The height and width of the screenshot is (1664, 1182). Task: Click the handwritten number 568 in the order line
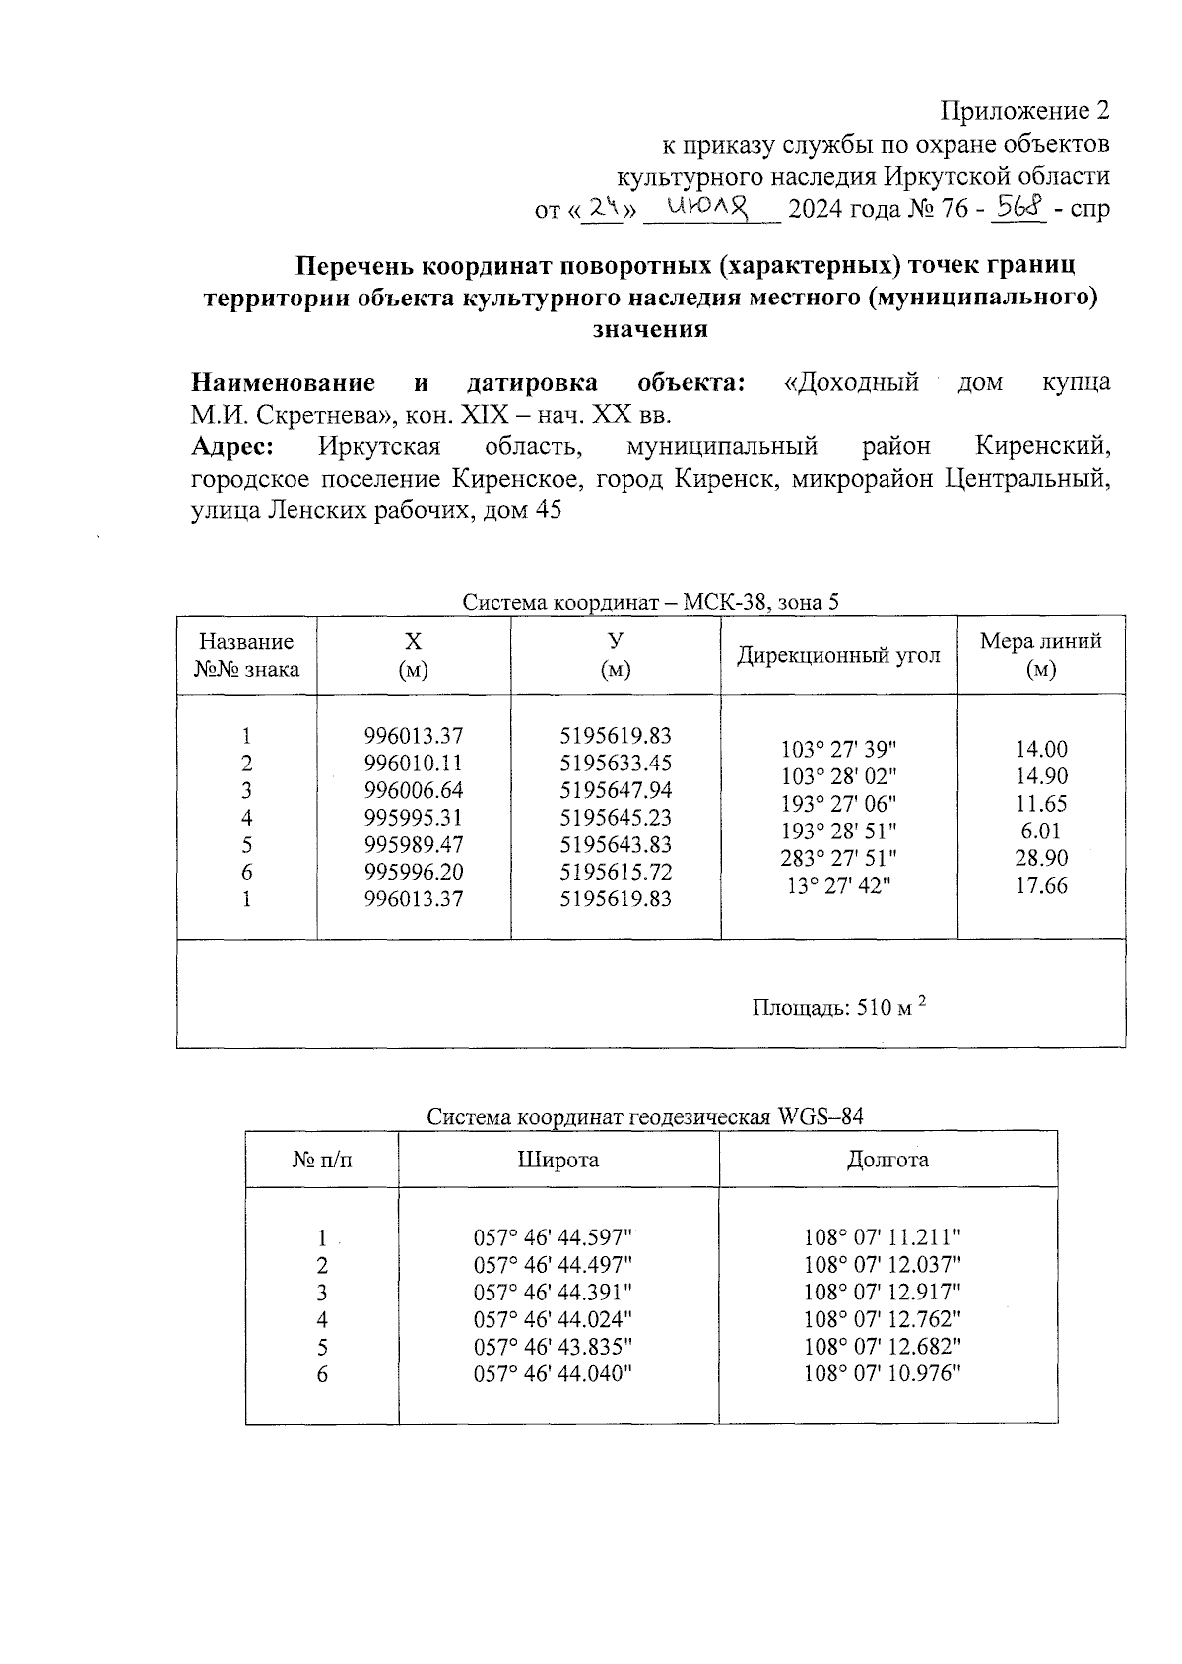coord(1019,208)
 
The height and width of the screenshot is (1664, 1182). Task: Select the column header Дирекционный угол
coord(838,655)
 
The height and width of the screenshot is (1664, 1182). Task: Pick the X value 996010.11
coord(413,764)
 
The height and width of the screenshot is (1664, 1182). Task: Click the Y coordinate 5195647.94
coord(615,790)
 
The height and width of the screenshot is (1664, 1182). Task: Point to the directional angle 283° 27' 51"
coord(838,858)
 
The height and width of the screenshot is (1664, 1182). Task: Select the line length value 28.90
coord(1040,858)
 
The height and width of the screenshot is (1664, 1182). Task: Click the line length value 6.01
coord(1040,831)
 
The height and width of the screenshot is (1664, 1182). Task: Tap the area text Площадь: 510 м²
coord(840,1007)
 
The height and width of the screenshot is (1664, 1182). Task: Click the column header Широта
coord(558,1160)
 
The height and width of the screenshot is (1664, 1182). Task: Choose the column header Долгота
coord(886,1160)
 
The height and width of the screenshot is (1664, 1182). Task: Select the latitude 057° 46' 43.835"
coord(553,1347)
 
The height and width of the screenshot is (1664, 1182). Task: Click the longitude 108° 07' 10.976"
coord(882,1373)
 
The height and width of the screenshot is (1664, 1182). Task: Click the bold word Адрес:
coord(233,447)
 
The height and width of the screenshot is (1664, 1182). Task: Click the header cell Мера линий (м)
coord(1040,655)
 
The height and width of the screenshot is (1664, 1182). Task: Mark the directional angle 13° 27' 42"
coord(838,885)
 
